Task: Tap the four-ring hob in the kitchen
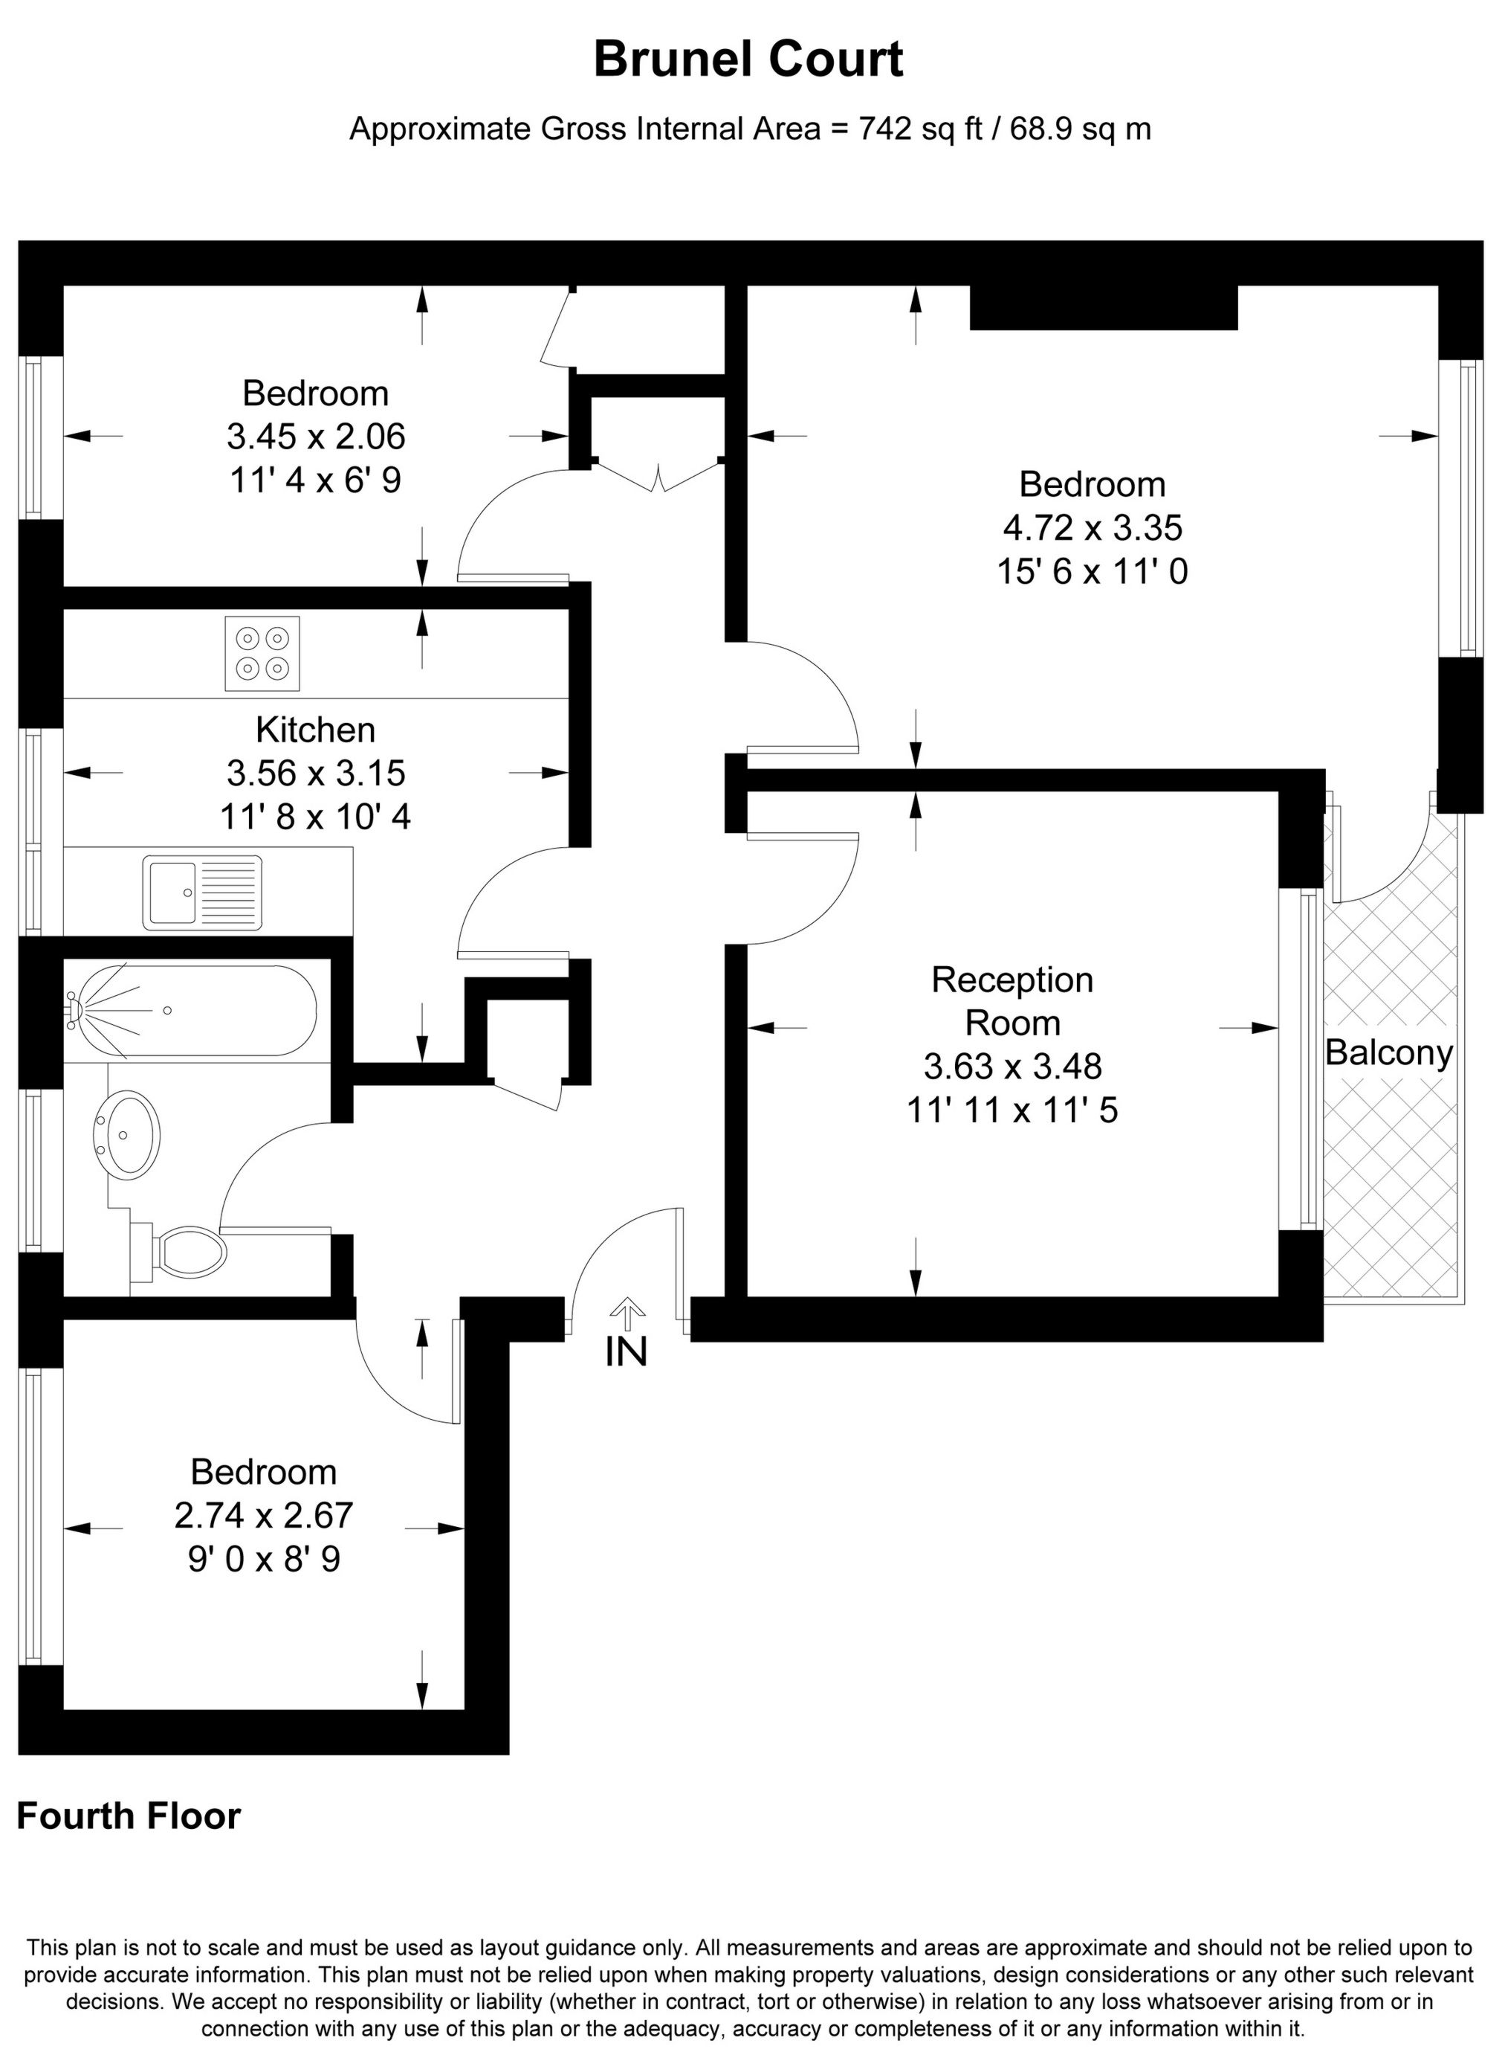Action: [262, 654]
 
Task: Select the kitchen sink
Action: [202, 893]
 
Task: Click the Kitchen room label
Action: [315, 730]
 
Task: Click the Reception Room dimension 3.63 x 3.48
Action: [1012, 1066]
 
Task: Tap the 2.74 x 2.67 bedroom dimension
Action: [263, 1516]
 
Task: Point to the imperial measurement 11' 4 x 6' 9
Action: [315, 480]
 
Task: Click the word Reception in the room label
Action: [1012, 980]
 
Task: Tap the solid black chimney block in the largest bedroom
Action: [1103, 307]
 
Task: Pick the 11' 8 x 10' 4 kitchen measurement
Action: [315, 816]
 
